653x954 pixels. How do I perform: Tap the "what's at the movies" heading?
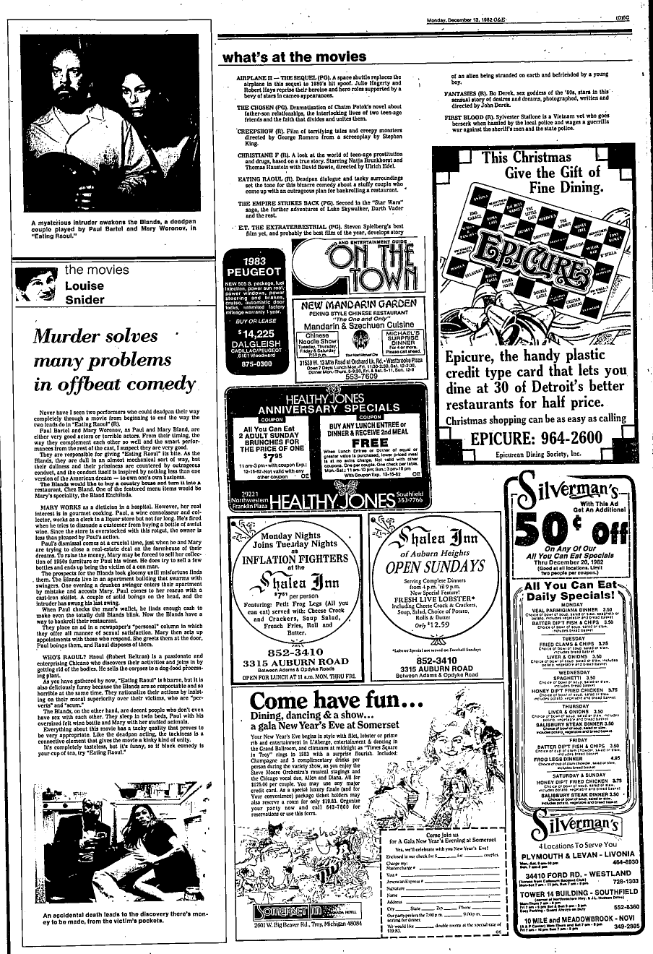point(294,56)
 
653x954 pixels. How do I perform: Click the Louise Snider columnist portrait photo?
point(36,284)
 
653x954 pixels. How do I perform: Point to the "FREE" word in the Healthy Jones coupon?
point(368,442)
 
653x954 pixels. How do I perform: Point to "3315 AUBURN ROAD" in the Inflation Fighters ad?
point(295,661)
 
